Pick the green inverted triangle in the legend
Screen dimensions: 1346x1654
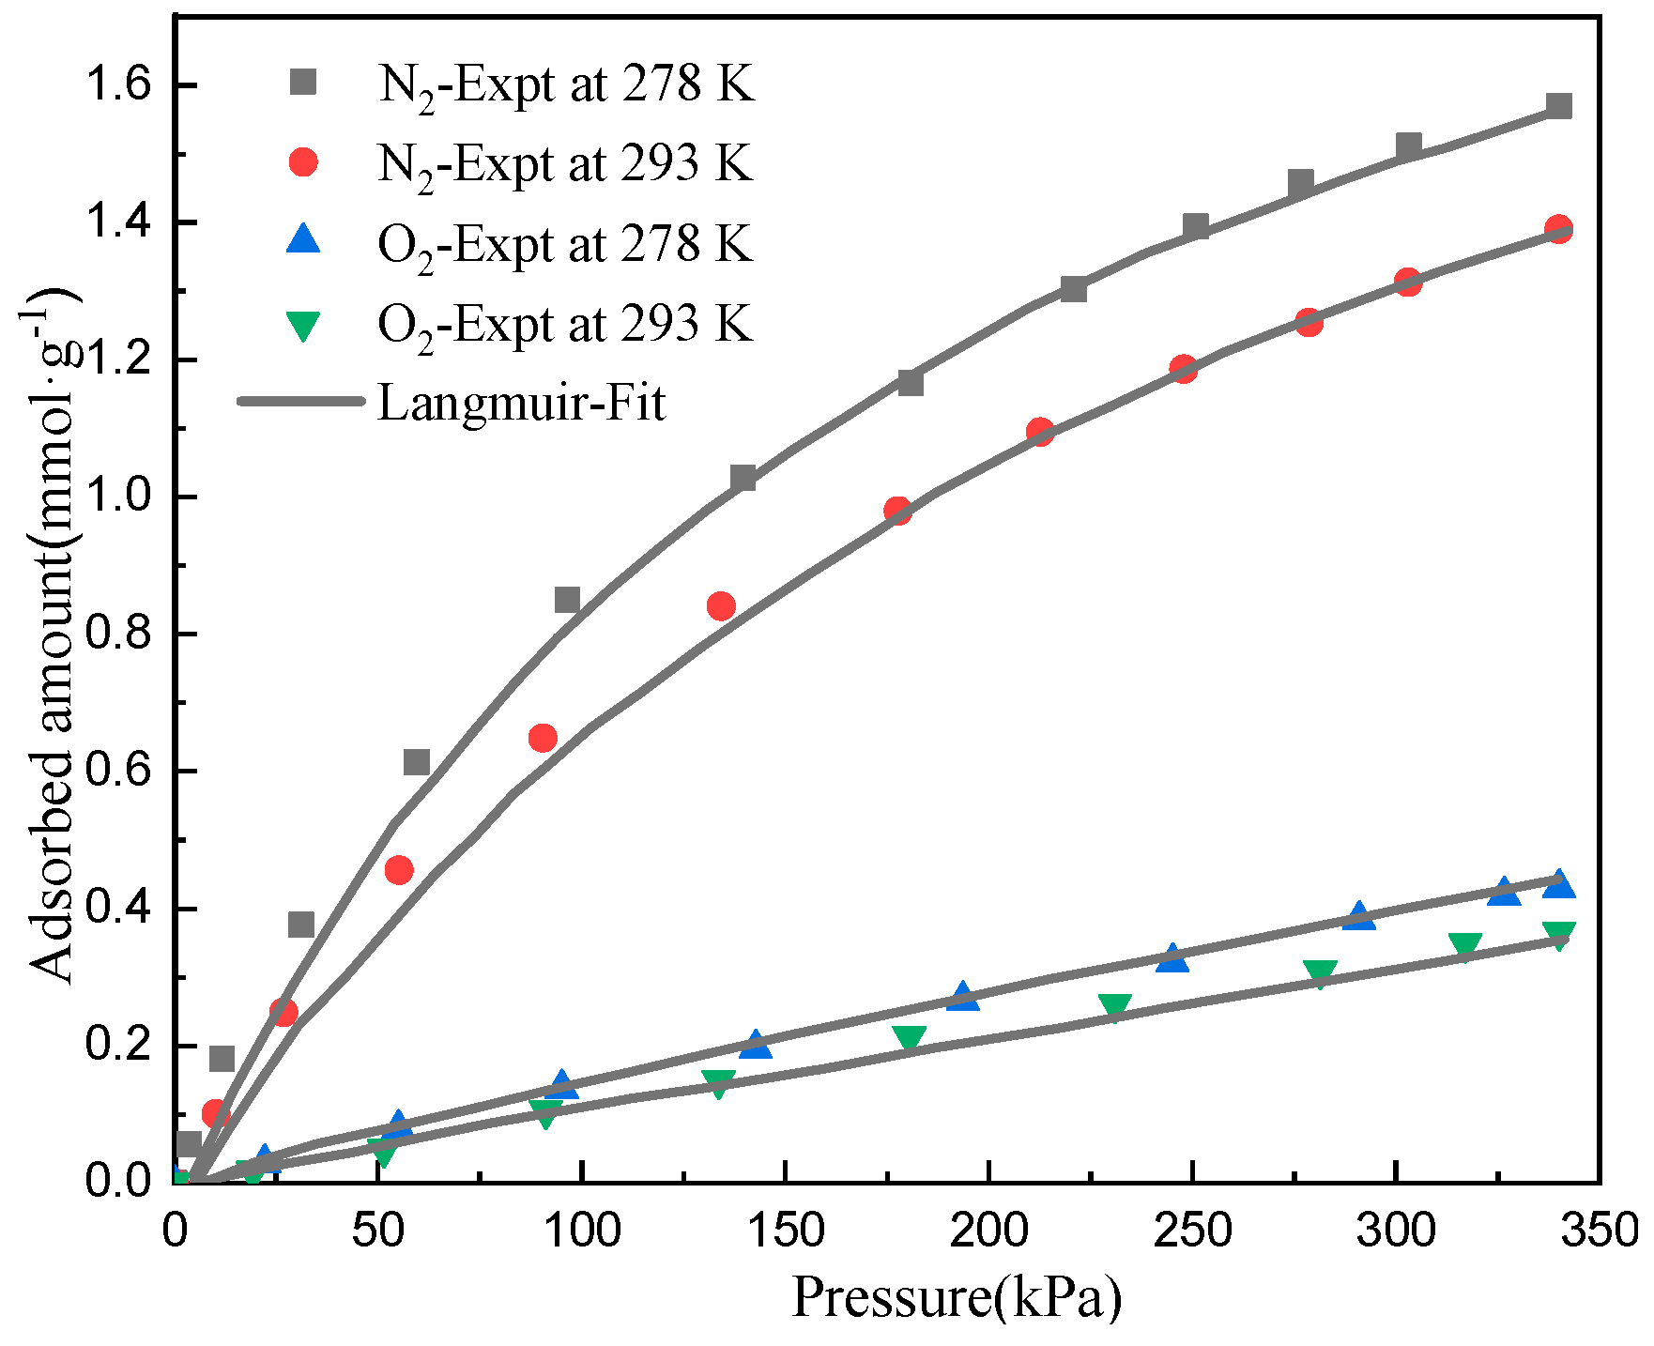(x=303, y=325)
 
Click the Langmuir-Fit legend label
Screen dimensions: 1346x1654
(x=521, y=403)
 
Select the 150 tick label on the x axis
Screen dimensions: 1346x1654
(x=785, y=1231)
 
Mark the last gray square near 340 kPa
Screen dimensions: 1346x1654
(x=1558, y=105)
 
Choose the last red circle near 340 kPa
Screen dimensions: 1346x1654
(x=1558, y=229)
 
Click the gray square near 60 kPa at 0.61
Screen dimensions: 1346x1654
(x=416, y=762)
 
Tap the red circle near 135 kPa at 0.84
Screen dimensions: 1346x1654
(x=721, y=606)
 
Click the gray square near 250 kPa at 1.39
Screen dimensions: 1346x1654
(x=1196, y=226)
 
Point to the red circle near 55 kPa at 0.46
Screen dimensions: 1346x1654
(x=399, y=870)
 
